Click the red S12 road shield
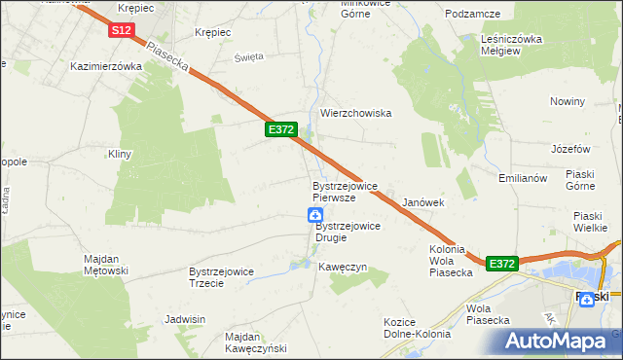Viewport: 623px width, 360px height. pyautogui.click(x=121, y=31)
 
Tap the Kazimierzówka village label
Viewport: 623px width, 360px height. pyautogui.click(x=107, y=67)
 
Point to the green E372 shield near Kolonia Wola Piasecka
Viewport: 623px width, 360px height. pyautogui.click(x=501, y=264)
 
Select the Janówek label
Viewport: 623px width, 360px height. pyautogui.click(x=423, y=202)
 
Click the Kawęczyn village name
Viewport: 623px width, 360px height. pyautogui.click(x=342, y=266)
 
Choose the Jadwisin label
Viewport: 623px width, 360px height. pyautogui.click(x=185, y=319)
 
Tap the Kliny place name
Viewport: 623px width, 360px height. pyautogui.click(x=120, y=154)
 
